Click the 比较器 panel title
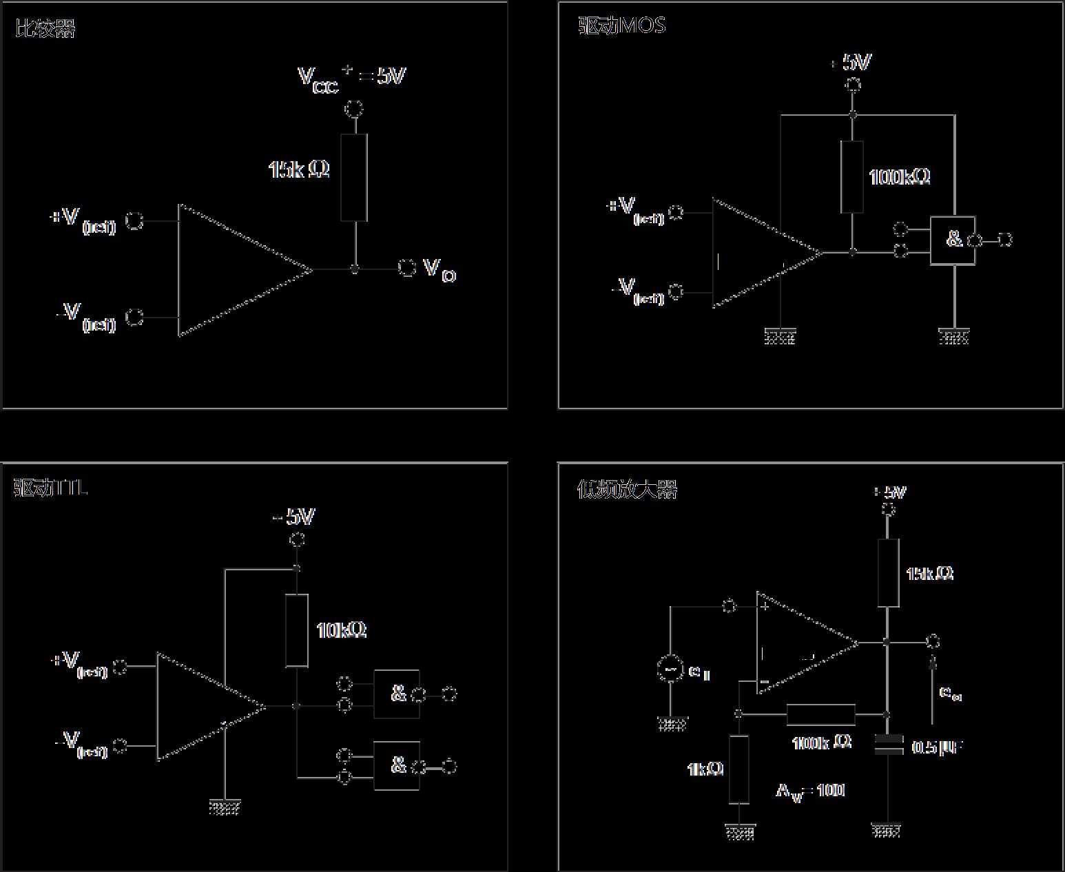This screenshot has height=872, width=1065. tap(45, 29)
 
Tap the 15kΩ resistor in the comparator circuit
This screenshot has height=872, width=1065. tap(353, 177)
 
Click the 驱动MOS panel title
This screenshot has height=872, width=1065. tap(621, 26)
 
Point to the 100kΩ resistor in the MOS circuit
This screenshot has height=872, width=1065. tap(852, 176)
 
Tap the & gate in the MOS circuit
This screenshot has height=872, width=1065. tap(953, 240)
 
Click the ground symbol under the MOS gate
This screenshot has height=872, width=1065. tap(953, 337)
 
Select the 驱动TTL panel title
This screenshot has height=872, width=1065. tap(50, 488)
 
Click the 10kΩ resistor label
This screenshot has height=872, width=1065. tap(341, 630)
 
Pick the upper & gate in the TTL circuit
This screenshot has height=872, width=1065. tap(397, 694)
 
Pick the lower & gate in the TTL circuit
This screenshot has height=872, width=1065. tap(397, 765)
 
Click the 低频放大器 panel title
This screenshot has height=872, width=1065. tap(626, 489)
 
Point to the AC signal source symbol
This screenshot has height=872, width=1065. tap(670, 669)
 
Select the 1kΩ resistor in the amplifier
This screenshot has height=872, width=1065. tap(738, 769)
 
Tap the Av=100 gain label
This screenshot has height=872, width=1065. tap(810, 791)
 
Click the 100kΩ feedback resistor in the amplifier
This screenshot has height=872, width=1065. tap(820, 714)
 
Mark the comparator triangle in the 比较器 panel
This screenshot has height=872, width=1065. tap(234, 269)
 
